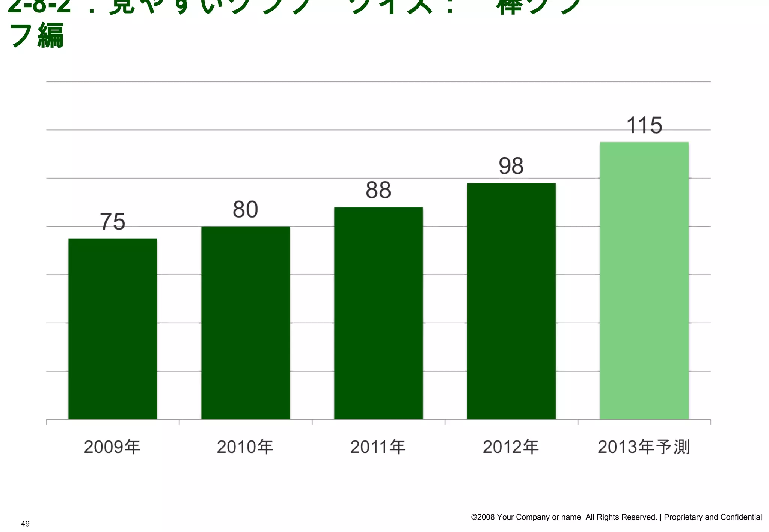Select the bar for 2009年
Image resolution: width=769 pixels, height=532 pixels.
(x=113, y=329)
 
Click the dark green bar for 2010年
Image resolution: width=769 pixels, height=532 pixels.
(x=246, y=323)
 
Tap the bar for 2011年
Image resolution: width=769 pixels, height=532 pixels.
(x=378, y=313)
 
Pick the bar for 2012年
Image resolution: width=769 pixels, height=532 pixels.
(x=511, y=301)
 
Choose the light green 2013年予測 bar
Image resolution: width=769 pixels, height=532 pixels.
(x=644, y=281)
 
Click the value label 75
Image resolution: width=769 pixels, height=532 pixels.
(x=113, y=222)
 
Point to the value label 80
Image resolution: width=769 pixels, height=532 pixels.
(x=246, y=209)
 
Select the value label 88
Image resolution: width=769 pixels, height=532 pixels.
(x=378, y=190)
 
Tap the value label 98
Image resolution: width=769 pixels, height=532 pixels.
(x=511, y=166)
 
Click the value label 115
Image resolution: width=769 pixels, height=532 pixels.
(x=644, y=125)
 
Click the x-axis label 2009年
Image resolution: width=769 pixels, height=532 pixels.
(x=112, y=447)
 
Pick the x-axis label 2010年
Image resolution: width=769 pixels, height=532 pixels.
(x=245, y=447)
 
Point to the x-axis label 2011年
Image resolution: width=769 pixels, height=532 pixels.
(x=378, y=447)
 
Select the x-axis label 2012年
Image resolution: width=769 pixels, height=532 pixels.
(x=511, y=447)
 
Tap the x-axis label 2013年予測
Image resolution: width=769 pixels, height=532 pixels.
(x=644, y=447)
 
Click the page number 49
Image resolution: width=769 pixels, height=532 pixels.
(x=25, y=524)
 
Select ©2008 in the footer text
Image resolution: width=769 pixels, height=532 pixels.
(x=483, y=517)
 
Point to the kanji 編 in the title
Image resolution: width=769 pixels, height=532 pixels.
(x=51, y=36)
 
